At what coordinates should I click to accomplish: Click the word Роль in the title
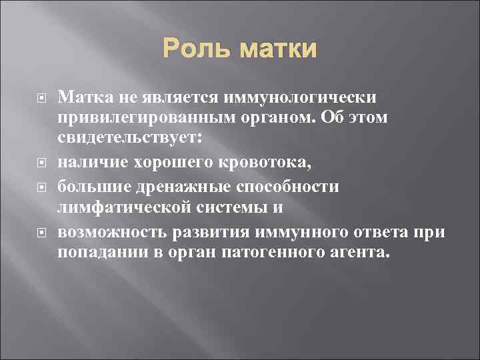click(x=193, y=49)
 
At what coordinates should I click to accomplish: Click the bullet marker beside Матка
click(x=41, y=99)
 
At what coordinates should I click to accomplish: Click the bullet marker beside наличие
click(x=41, y=161)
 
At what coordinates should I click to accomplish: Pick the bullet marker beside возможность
click(x=41, y=233)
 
